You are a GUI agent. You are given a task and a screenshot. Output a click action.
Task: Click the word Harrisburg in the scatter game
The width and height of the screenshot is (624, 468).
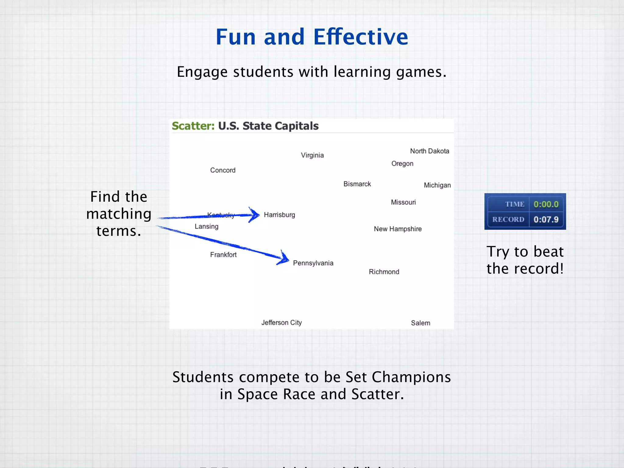(x=279, y=215)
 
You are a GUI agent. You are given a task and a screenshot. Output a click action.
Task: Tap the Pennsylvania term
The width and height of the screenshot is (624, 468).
(x=313, y=263)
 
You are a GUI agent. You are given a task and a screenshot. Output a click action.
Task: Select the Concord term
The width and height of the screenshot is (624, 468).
(x=223, y=170)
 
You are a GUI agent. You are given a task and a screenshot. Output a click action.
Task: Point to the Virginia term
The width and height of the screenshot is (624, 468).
(x=312, y=155)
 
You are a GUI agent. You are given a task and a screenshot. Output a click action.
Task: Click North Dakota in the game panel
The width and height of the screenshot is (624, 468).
(x=429, y=151)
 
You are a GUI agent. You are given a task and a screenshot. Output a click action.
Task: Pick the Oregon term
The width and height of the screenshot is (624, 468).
(x=402, y=164)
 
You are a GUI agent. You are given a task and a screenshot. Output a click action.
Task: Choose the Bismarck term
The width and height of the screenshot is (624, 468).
(x=357, y=184)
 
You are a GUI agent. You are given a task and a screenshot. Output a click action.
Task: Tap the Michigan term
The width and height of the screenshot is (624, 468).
(x=437, y=185)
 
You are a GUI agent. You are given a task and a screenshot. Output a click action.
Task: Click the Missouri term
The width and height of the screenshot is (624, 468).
(x=403, y=202)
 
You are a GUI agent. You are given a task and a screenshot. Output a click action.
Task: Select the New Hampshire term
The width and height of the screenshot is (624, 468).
(x=398, y=229)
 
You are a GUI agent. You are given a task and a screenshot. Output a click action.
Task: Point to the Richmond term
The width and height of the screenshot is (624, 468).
(x=384, y=272)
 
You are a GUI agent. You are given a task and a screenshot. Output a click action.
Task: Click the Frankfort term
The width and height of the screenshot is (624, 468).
(x=223, y=255)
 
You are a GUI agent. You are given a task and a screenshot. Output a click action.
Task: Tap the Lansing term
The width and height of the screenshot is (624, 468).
(x=207, y=226)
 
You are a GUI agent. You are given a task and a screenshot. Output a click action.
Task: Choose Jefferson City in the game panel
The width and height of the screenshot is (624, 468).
(x=282, y=323)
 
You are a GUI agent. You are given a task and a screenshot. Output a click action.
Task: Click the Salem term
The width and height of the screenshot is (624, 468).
(x=420, y=323)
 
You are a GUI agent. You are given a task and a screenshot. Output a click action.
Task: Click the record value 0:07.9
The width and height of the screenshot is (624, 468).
(x=546, y=219)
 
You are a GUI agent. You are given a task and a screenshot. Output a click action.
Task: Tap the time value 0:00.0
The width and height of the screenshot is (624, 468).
(x=546, y=204)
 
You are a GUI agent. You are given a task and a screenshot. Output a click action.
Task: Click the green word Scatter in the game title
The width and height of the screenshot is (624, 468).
(x=193, y=126)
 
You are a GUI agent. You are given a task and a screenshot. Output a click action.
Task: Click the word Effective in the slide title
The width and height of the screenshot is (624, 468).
(x=361, y=37)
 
